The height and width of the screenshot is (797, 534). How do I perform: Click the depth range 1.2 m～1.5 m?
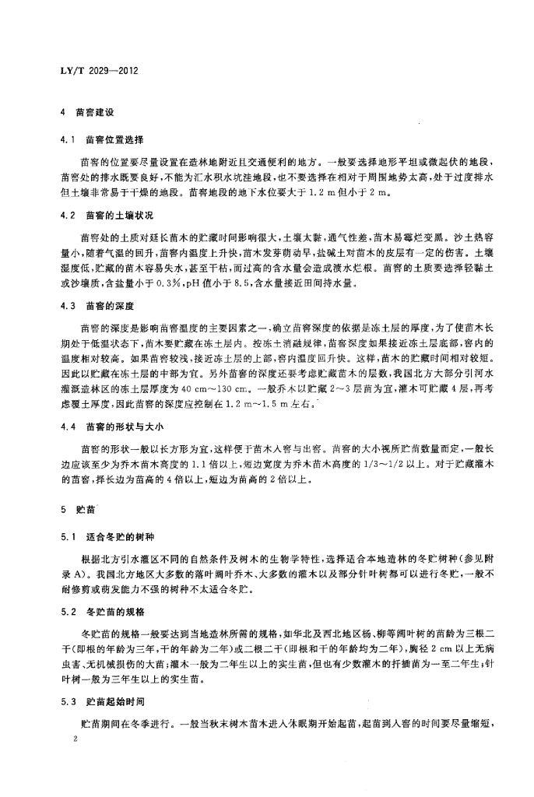tap(251, 405)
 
